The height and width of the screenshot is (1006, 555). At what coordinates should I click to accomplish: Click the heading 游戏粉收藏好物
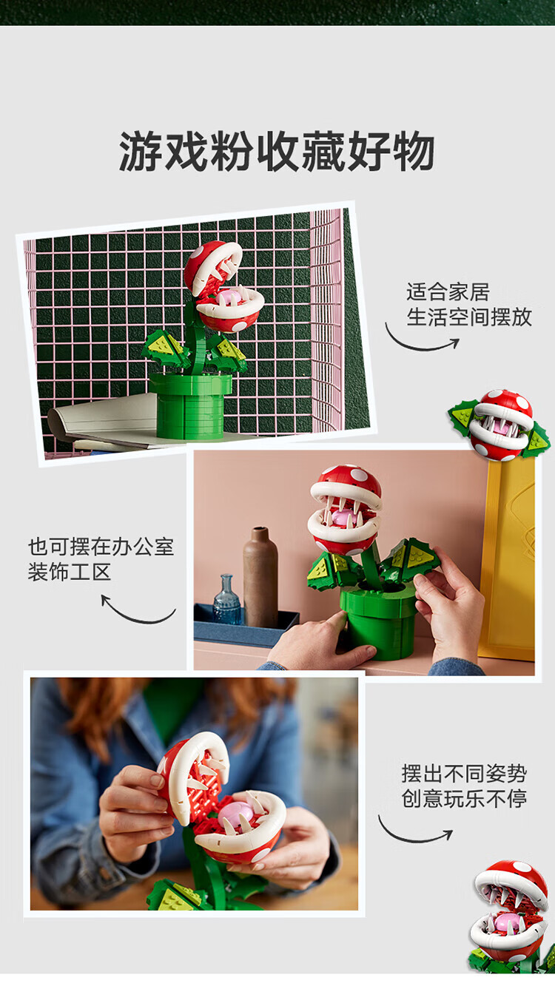point(277,152)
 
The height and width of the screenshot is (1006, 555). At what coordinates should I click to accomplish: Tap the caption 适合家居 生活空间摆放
point(469,305)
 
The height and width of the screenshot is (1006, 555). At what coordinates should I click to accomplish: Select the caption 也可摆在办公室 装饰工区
point(101,559)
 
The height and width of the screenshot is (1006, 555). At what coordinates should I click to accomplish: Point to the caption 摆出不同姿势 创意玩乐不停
point(464,786)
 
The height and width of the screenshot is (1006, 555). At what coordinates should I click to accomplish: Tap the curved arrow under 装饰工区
point(135,620)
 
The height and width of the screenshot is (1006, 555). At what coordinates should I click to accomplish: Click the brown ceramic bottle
point(260,578)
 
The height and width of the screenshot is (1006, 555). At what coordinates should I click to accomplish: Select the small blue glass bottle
point(227,600)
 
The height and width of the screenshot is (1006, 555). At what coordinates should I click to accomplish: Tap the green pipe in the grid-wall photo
point(190,405)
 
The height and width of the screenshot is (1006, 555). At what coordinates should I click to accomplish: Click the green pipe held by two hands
point(378,623)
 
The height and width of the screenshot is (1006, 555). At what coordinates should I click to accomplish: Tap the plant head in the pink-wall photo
point(345,508)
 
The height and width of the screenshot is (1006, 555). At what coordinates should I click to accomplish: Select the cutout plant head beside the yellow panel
point(499,425)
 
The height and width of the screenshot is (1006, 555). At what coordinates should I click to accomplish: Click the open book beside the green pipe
point(106,422)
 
